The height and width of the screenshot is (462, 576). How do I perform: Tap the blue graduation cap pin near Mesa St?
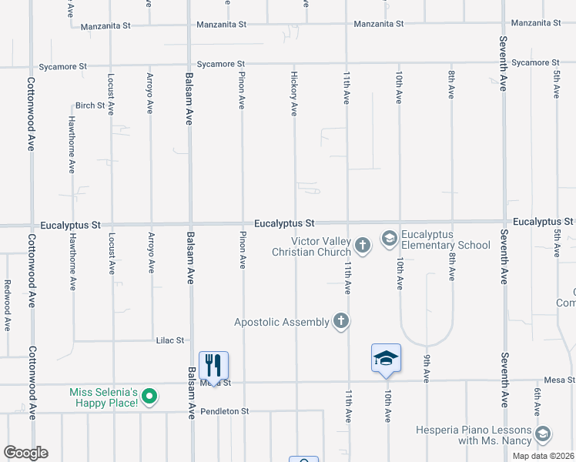coord(386,358)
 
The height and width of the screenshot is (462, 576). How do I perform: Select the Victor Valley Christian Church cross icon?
coord(363,246)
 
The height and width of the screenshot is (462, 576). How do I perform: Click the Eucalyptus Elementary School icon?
coord(390,239)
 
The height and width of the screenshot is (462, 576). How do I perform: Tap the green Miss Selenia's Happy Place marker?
coord(150,398)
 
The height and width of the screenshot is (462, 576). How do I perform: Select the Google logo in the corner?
coord(25,452)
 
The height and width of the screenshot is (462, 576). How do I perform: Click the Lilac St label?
coord(170,340)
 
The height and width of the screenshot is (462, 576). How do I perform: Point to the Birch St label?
coord(89,105)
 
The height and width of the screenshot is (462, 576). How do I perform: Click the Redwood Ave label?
coord(7,305)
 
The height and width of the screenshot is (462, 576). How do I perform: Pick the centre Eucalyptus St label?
coord(285,223)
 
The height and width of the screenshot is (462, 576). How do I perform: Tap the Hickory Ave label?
coord(294,94)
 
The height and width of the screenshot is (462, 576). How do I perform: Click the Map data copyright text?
coord(543,456)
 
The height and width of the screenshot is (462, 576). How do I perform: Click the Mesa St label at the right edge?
coord(559,380)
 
